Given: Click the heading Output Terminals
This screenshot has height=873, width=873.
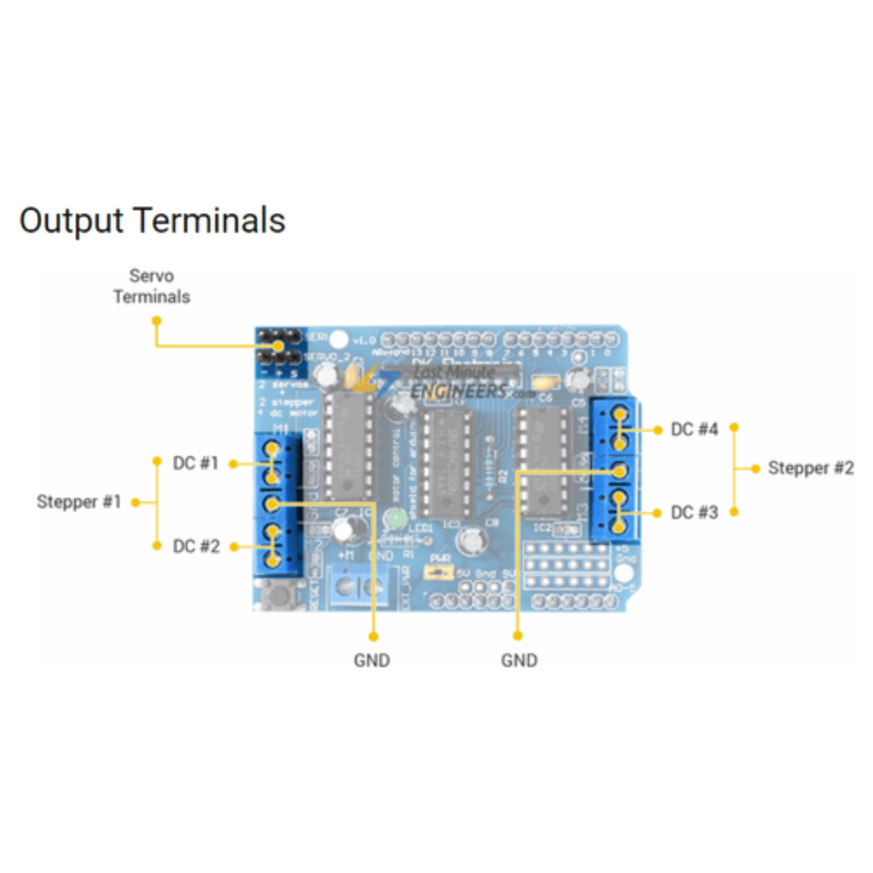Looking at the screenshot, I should [x=152, y=220].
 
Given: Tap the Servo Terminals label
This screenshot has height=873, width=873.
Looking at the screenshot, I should [x=151, y=286].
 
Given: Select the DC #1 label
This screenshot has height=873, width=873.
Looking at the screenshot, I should [x=195, y=463].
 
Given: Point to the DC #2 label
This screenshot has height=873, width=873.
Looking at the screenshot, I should [x=195, y=546].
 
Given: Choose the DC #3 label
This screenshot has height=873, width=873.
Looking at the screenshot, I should [x=694, y=513].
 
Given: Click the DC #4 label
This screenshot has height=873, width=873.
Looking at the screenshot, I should [x=694, y=429].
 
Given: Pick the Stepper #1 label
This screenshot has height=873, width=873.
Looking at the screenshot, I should [x=78, y=501].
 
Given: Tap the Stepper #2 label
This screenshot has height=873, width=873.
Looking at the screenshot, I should [x=810, y=468].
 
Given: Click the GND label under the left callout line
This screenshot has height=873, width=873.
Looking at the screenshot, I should [x=372, y=660].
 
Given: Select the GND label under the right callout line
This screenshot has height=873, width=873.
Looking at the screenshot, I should [x=519, y=660].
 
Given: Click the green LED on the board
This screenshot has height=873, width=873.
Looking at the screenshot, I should [x=395, y=520].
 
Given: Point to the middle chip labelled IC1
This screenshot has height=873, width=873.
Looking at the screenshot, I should [x=446, y=462].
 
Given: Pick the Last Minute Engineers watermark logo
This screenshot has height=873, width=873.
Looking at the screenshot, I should [x=454, y=381].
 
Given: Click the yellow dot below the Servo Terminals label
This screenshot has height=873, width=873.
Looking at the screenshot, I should [x=156, y=320].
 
